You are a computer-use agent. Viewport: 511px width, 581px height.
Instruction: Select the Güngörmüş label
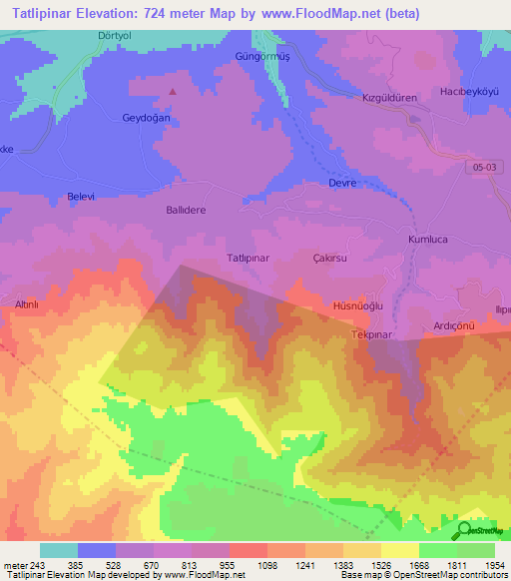click(x=260, y=55)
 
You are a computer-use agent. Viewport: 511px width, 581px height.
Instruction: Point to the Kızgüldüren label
click(x=388, y=98)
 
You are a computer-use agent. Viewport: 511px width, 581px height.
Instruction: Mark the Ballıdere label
click(x=185, y=211)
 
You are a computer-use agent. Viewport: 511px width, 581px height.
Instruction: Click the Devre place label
click(x=342, y=184)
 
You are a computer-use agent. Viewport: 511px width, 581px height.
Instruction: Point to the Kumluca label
click(x=430, y=241)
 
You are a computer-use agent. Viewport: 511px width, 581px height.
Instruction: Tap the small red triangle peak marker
click(x=173, y=91)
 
